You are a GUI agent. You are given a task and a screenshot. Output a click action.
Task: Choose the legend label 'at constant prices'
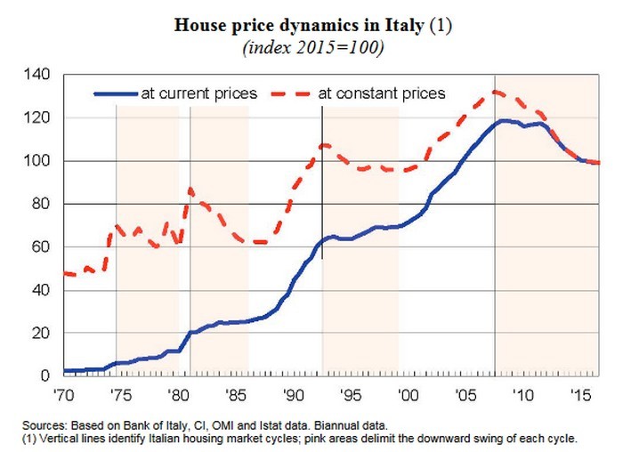382,93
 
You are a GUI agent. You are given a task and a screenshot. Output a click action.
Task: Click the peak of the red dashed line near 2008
496,91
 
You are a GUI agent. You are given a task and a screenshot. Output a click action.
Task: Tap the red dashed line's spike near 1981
190,189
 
